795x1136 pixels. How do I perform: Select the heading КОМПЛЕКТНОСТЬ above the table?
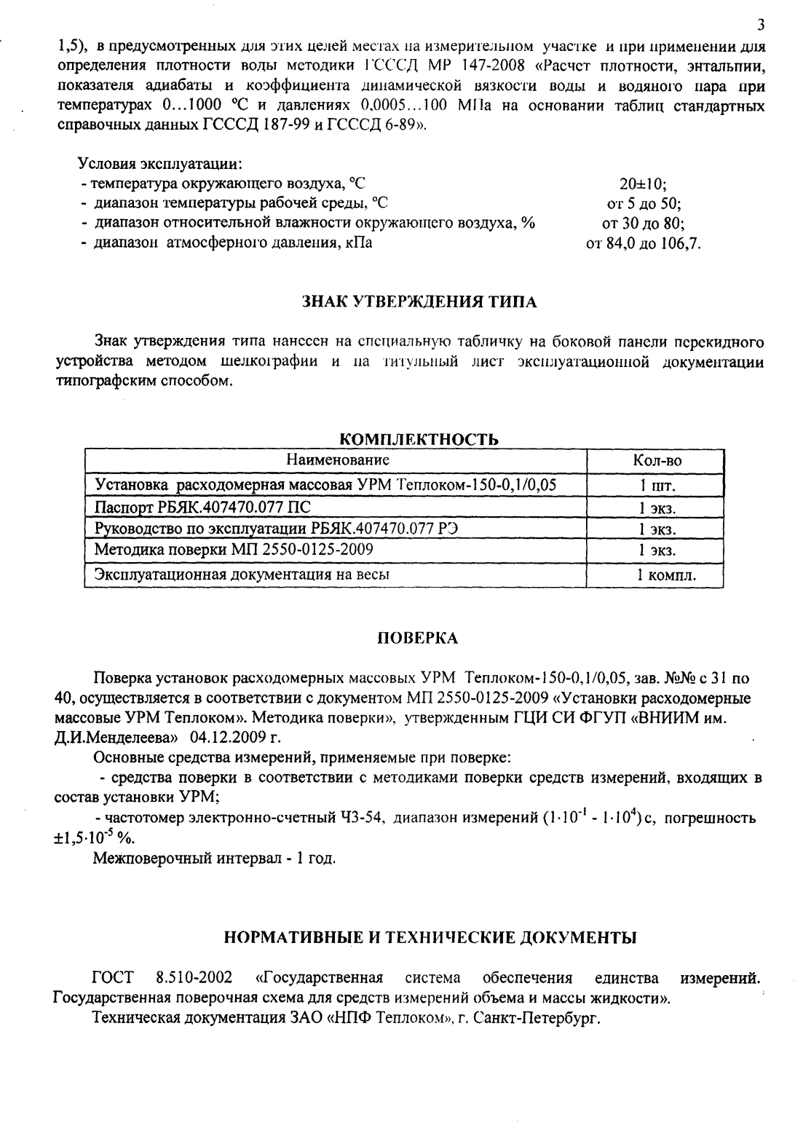[419, 439]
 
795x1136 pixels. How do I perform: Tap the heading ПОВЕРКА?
[419, 638]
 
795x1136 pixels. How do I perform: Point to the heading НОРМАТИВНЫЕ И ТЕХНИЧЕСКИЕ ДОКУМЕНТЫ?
[430, 936]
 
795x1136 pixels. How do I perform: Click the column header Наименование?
[338, 460]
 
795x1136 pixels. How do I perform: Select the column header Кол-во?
[657, 461]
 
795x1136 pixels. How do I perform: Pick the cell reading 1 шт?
[657, 486]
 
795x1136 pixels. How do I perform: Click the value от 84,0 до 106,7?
[644, 243]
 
